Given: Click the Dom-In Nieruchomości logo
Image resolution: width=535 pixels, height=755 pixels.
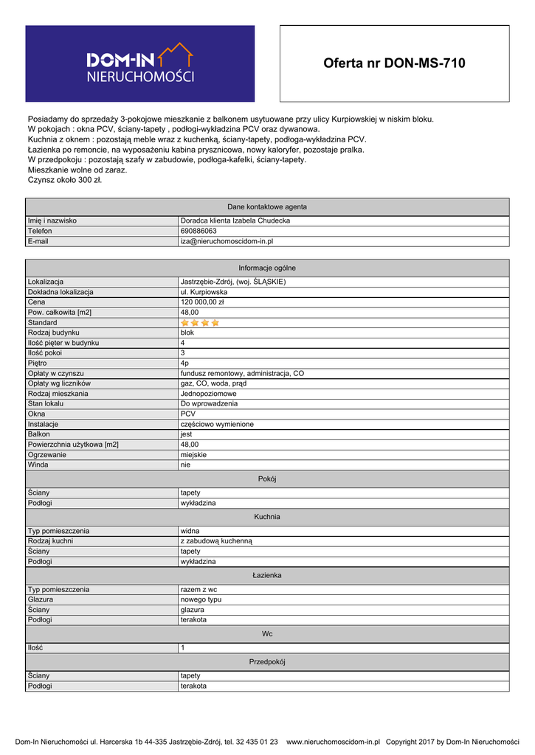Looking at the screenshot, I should (140, 63).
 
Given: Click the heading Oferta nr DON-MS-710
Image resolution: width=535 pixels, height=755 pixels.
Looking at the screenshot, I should (394, 63).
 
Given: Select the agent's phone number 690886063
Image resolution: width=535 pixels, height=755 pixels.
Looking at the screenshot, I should (199, 231).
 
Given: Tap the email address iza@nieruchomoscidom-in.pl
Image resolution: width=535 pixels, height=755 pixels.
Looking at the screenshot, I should (227, 241).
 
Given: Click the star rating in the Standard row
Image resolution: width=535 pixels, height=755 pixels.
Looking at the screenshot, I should (200, 323).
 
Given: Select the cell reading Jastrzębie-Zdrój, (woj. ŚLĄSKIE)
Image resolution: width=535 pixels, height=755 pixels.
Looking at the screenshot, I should (233, 282).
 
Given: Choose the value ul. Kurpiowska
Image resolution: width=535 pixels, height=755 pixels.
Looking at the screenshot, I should (204, 292).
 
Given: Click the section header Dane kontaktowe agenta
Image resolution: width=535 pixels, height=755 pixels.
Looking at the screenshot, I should (267, 206).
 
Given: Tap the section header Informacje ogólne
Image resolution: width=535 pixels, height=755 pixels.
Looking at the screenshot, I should (267, 268).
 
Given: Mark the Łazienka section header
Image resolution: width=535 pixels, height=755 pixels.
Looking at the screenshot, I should (267, 575).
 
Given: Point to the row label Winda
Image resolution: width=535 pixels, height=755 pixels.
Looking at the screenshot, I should (38, 465).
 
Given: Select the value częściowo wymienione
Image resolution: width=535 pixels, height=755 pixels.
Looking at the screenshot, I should (217, 425).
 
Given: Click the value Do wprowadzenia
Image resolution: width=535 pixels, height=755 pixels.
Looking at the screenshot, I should (210, 404).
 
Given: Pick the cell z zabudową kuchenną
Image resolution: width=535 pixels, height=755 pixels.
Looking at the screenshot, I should (216, 540).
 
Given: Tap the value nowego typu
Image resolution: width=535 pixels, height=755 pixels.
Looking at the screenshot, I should (201, 599).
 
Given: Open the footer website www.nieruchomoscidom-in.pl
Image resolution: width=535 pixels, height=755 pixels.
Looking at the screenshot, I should (333, 742).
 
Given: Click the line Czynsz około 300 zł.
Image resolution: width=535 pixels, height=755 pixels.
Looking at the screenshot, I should (65, 180).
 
